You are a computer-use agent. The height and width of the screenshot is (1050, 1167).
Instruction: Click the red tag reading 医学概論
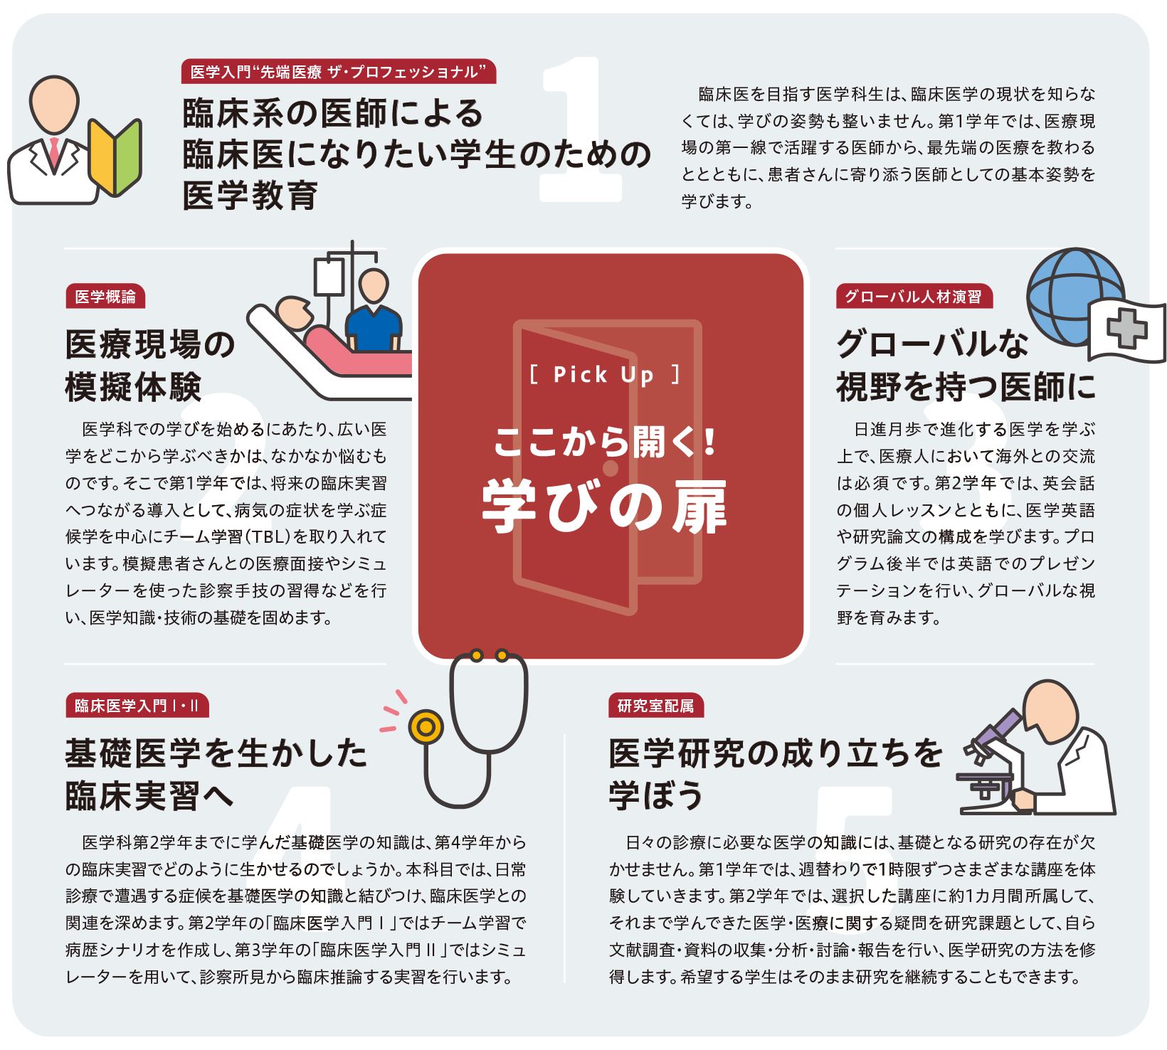coord(105,297)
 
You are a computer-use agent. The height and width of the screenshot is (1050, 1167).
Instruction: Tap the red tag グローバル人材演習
coord(914,297)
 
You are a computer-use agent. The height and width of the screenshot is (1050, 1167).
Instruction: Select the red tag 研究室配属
coord(655,706)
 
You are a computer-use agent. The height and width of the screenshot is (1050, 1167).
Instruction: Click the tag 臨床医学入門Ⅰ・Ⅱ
coord(137,706)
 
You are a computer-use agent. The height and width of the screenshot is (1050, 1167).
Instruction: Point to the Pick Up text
coord(604,374)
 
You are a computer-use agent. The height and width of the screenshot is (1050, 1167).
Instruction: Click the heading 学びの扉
coord(604,507)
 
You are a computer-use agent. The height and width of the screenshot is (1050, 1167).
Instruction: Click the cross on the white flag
coord(1127,329)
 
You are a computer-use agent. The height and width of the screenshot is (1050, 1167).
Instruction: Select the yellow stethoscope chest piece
coord(426,727)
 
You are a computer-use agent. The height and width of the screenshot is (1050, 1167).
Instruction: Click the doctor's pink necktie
coord(55,154)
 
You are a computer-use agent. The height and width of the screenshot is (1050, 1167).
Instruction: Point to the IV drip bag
coord(329,276)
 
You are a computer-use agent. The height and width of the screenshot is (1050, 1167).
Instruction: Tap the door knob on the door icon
coord(611,468)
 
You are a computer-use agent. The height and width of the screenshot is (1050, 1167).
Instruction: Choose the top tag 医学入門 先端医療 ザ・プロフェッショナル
coord(338,72)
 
